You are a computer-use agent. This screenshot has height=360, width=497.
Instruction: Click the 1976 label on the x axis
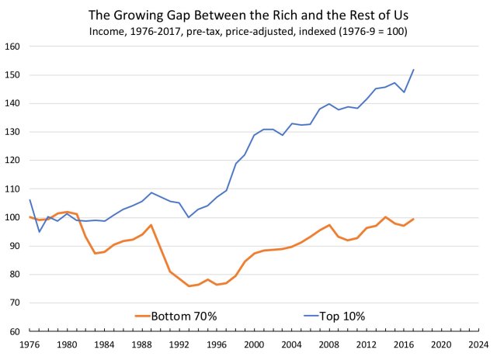pos(29,344)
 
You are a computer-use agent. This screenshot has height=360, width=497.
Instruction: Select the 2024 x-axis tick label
pos(478,344)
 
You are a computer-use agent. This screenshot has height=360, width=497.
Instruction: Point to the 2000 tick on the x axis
pos(254,344)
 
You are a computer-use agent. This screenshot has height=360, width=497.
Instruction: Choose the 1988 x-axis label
pos(141,344)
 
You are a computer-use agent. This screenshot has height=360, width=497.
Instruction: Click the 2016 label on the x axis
pos(404,344)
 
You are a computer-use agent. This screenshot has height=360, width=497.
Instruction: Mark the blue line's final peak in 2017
pos(414,70)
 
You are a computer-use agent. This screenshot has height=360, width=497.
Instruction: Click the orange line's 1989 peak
pos(151,225)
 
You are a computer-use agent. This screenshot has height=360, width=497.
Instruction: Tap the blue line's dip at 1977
pos(39,231)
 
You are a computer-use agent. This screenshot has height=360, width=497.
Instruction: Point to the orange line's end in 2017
pos(414,219)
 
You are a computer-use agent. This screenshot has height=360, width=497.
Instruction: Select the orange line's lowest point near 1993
pos(189,286)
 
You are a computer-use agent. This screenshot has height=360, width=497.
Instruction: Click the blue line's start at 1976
pos(29,200)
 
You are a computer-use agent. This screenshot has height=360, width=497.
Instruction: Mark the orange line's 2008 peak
pos(329,225)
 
